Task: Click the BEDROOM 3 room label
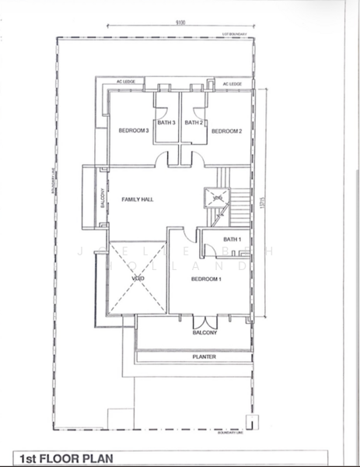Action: [134, 131]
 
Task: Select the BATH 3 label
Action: [167, 122]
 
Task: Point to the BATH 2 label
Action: [195, 122]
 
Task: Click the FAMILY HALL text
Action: [138, 200]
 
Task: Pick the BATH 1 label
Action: [232, 239]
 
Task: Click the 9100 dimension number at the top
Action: [180, 23]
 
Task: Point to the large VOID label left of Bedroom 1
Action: [138, 279]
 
